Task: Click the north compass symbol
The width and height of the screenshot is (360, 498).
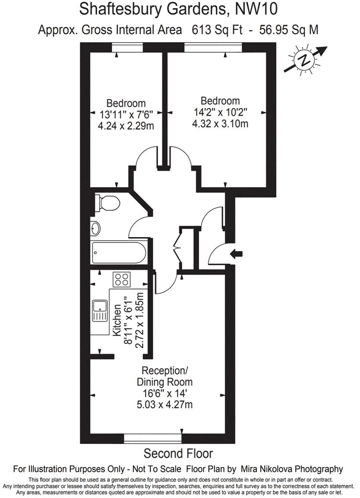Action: [x=304, y=61]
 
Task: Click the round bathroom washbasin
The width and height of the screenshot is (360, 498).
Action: [x=95, y=228]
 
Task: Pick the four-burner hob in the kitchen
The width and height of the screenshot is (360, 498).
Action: [x=122, y=278]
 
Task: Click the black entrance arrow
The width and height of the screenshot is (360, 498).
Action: [x=236, y=254]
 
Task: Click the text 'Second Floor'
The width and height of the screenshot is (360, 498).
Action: [x=178, y=453]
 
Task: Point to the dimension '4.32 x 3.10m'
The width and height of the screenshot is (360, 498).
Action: [x=220, y=124]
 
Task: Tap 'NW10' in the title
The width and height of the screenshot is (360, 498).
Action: [x=256, y=9]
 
